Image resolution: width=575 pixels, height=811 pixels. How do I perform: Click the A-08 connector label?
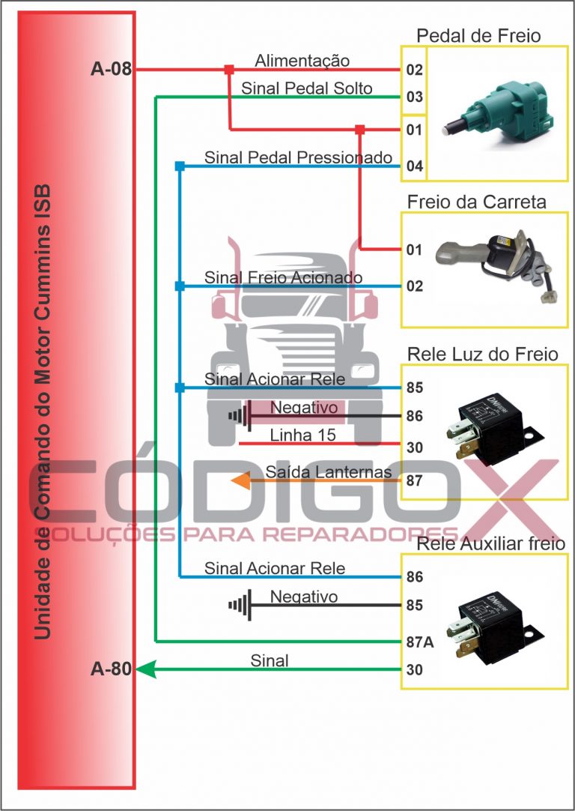tap(111, 70)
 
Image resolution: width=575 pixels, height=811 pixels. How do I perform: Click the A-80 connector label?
tap(111, 669)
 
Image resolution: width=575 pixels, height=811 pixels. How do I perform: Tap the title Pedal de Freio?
tap(478, 35)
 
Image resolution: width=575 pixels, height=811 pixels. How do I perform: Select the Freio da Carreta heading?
tap(476, 202)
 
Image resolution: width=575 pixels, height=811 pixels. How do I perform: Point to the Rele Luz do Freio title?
tap(483, 354)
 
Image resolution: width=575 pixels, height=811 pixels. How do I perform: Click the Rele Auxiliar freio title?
tap(491, 543)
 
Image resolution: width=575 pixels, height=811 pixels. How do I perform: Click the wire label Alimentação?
tap(302, 60)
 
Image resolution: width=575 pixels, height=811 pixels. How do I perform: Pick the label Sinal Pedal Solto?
tap(306, 88)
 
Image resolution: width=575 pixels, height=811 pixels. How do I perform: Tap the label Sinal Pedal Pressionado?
tap(298, 157)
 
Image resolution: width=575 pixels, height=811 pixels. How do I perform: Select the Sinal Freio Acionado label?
tap(283, 278)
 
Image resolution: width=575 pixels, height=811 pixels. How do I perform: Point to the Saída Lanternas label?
tap(328, 471)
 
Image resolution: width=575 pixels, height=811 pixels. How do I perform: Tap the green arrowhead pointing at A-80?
tap(145, 669)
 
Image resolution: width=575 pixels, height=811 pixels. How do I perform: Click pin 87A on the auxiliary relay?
tap(415, 642)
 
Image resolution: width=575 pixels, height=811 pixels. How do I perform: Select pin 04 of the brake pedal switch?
tap(415, 166)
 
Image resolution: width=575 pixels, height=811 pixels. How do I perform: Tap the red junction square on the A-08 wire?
tap(229, 70)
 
